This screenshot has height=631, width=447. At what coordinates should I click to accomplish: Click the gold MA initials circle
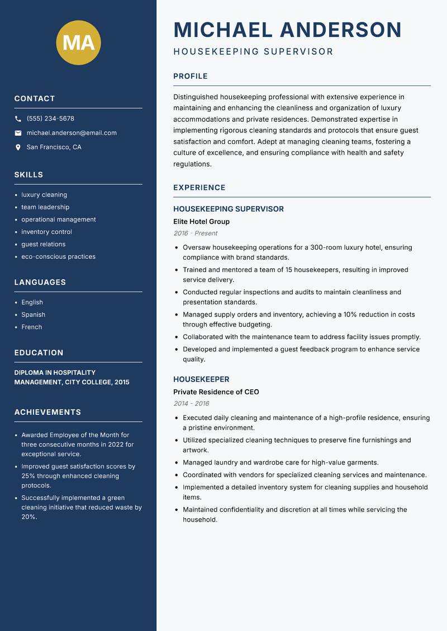(78, 43)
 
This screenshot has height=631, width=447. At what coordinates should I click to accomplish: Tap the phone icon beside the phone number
(18, 119)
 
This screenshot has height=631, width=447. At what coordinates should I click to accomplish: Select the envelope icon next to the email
(18, 133)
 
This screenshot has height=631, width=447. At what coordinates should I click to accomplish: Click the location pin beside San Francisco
(18, 147)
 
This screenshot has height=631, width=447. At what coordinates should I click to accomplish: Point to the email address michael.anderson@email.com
(72, 133)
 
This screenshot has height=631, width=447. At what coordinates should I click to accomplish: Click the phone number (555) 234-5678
(50, 119)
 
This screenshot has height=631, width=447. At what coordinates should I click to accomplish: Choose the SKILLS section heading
(28, 175)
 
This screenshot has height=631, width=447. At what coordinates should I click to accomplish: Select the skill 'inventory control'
(46, 232)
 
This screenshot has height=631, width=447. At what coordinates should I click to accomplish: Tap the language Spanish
(33, 315)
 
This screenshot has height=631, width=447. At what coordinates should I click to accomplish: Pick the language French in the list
(31, 327)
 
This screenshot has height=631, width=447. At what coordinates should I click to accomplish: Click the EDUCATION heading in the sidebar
(39, 353)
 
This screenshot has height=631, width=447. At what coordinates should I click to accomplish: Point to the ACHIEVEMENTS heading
(47, 412)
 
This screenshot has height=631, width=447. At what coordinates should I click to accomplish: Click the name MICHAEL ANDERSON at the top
(287, 30)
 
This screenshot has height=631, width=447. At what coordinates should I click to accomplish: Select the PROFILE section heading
(190, 77)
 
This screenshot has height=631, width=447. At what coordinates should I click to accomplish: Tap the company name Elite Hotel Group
(201, 222)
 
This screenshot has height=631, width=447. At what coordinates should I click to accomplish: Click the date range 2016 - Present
(195, 233)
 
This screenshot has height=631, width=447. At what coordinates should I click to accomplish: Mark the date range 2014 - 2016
(191, 404)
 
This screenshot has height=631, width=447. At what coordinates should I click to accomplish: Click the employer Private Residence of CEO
(216, 392)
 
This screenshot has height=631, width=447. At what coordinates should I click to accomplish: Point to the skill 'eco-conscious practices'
(58, 257)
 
